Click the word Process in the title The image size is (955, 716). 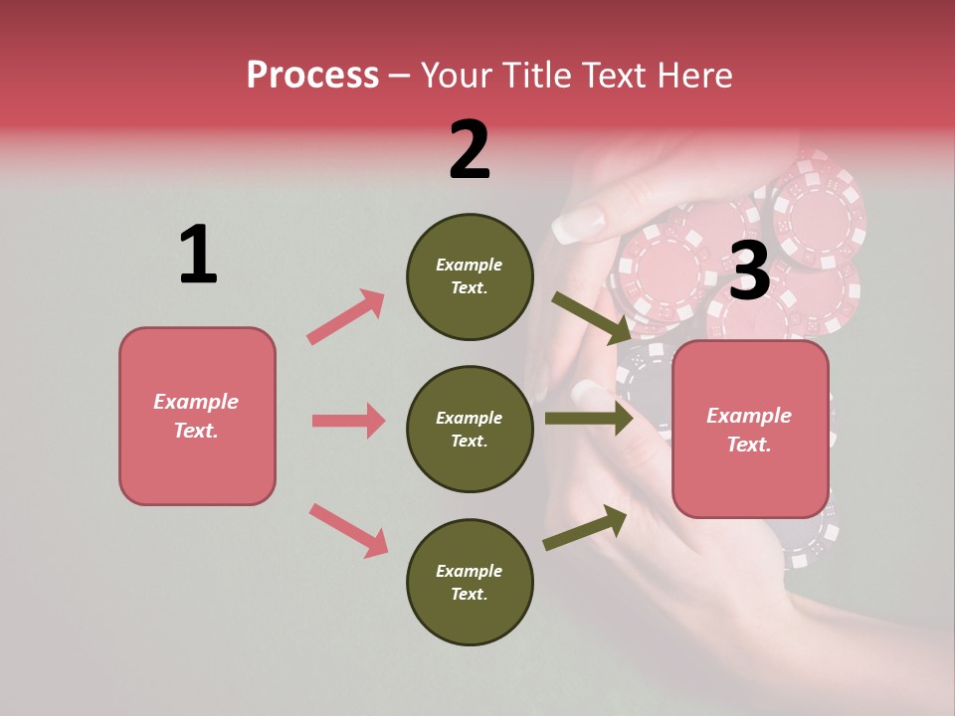(312, 75)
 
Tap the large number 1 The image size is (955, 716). (198, 256)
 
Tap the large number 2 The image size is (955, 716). (470, 150)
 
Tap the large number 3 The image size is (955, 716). (749, 271)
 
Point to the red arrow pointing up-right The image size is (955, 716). (345, 317)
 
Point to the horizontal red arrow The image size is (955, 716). (348, 421)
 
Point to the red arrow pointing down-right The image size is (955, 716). (348, 530)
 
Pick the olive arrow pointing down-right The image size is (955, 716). (591, 318)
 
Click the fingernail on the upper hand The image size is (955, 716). (578, 225)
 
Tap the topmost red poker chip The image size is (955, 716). (818, 204)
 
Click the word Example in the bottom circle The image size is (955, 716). (470, 571)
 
